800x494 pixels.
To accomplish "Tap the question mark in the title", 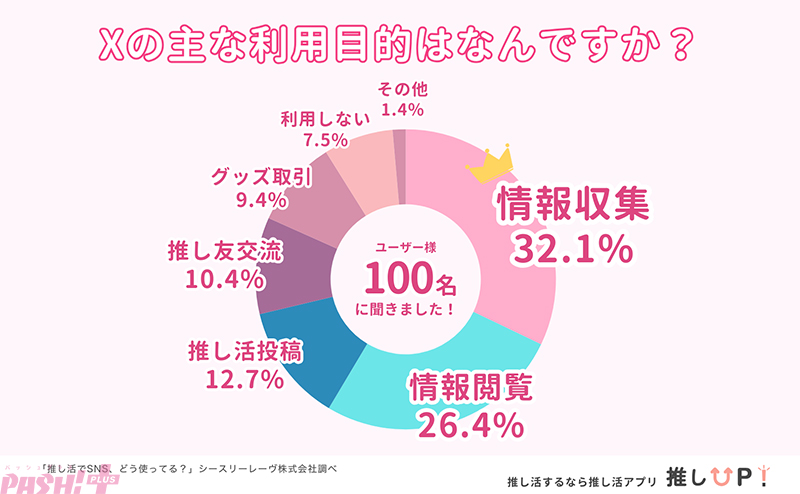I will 678,48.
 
